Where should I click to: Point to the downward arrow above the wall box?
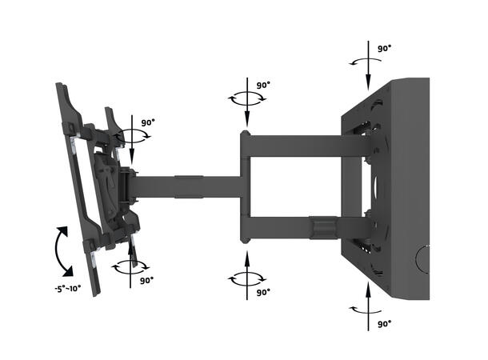[x=366, y=68]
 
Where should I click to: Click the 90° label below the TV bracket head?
[x=146, y=281]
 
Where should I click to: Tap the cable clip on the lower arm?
[x=321, y=226]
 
